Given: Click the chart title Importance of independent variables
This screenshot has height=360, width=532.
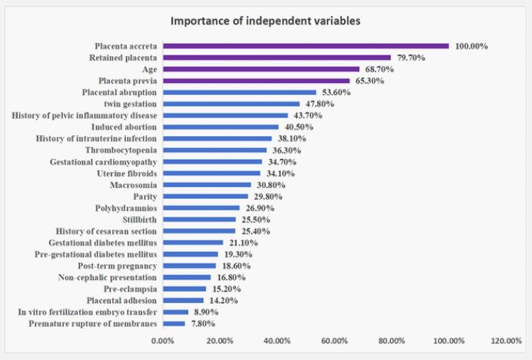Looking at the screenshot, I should tap(265, 21).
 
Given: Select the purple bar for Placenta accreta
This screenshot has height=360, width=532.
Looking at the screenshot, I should tap(306, 46).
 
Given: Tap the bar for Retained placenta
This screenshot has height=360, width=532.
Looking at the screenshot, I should tap(277, 58).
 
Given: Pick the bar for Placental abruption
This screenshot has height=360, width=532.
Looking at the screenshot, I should tap(240, 92).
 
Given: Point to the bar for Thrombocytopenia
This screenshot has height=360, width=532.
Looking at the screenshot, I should tap(215, 150).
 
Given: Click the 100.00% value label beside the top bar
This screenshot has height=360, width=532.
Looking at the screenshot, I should tap(471, 46).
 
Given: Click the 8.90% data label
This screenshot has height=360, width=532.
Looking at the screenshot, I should tap(204, 312).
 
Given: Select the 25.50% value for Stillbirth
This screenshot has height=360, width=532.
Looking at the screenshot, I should tap(254, 220).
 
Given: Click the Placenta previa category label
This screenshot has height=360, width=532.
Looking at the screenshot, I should tap(124, 81).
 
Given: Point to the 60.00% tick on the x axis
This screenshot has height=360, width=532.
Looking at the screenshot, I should tap(335, 341).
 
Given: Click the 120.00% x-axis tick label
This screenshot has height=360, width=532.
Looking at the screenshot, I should tap(506, 341).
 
